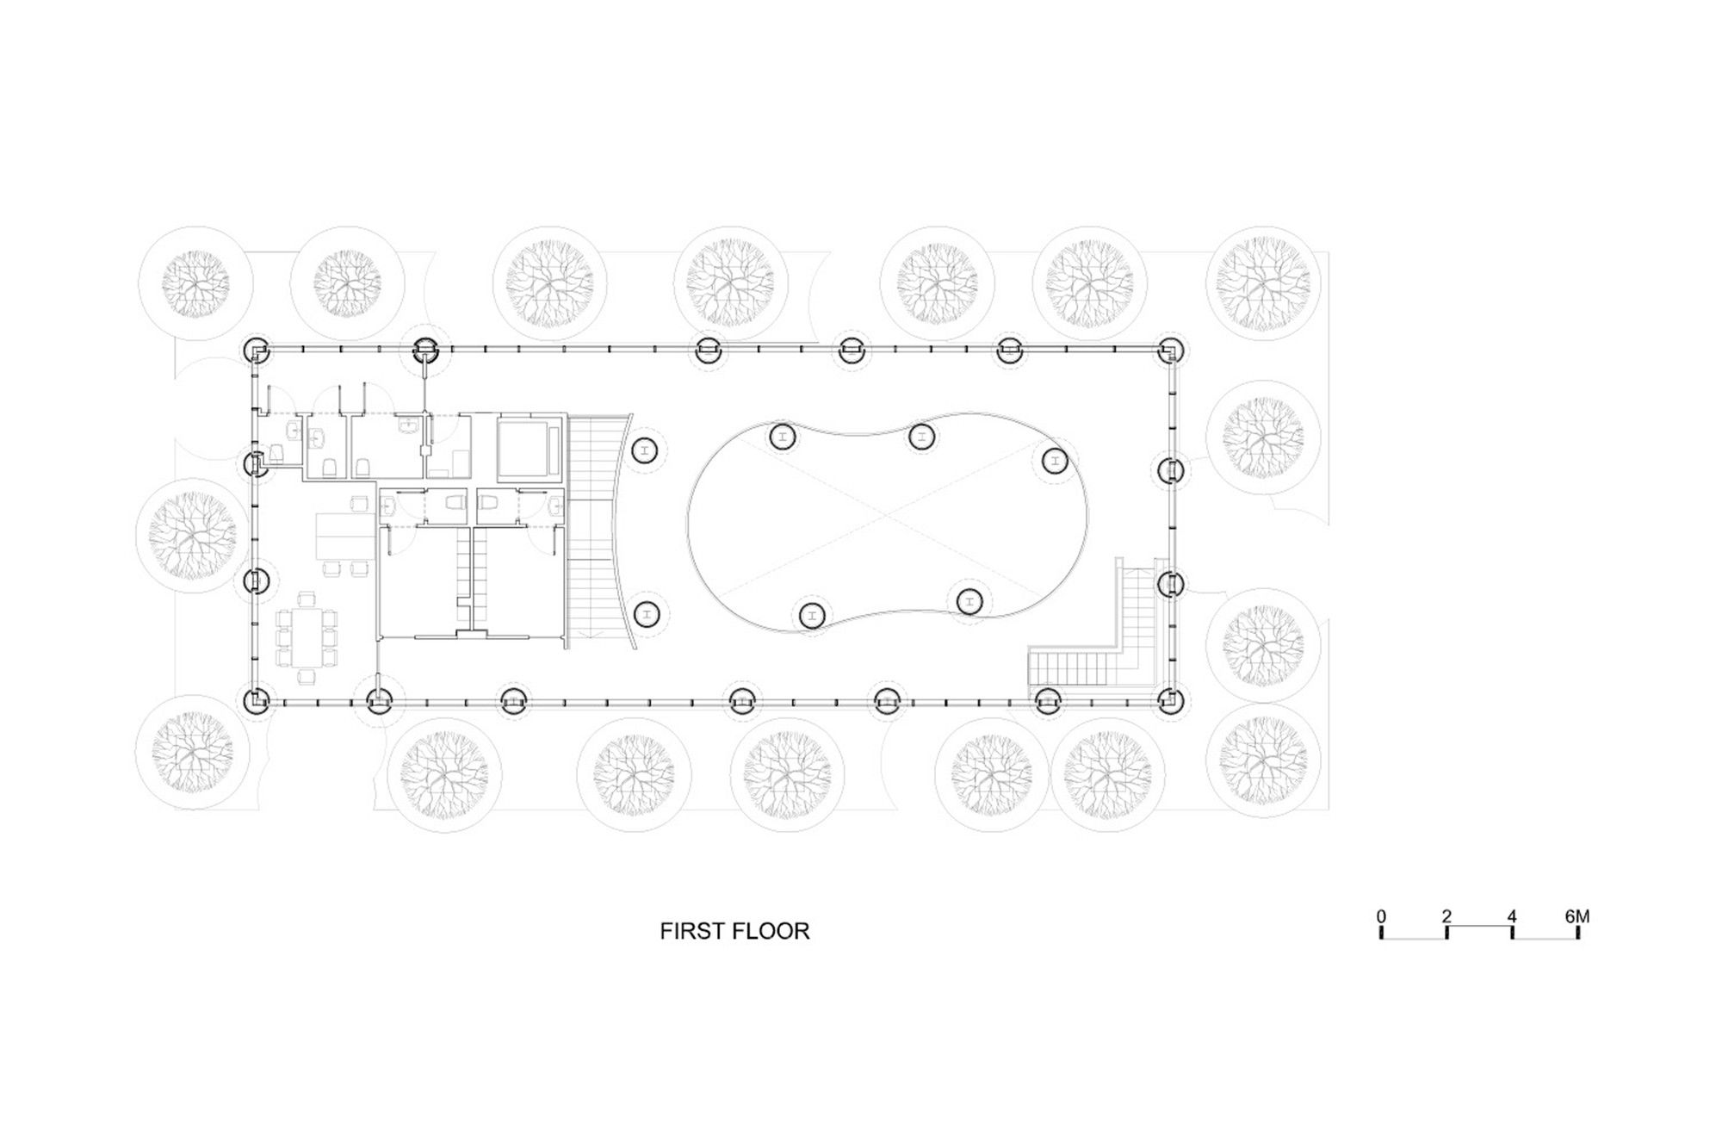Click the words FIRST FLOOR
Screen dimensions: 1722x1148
pyautogui.click(x=734, y=931)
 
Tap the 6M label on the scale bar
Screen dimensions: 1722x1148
pyautogui.click(x=1576, y=916)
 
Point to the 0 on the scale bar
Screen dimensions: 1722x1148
pyautogui.click(x=1381, y=916)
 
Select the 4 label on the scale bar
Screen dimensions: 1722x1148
pyautogui.click(x=1512, y=916)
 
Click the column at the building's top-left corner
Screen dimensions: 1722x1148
pyautogui.click(x=257, y=351)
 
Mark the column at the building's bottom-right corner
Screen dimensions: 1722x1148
pyautogui.click(x=1169, y=700)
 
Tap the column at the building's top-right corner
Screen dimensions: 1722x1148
pyautogui.click(x=1169, y=351)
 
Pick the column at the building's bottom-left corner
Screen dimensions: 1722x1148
pyautogui.click(x=257, y=701)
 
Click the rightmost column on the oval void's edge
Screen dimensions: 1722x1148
pyautogui.click(x=1055, y=461)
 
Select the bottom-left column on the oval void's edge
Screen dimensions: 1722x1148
pyautogui.click(x=811, y=615)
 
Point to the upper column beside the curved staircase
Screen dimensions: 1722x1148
pyautogui.click(x=646, y=450)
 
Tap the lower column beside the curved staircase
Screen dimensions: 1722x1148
pyautogui.click(x=646, y=614)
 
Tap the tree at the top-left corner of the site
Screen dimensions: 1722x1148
pyautogui.click(x=196, y=283)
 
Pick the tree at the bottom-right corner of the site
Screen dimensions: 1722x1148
pyautogui.click(x=1262, y=760)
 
